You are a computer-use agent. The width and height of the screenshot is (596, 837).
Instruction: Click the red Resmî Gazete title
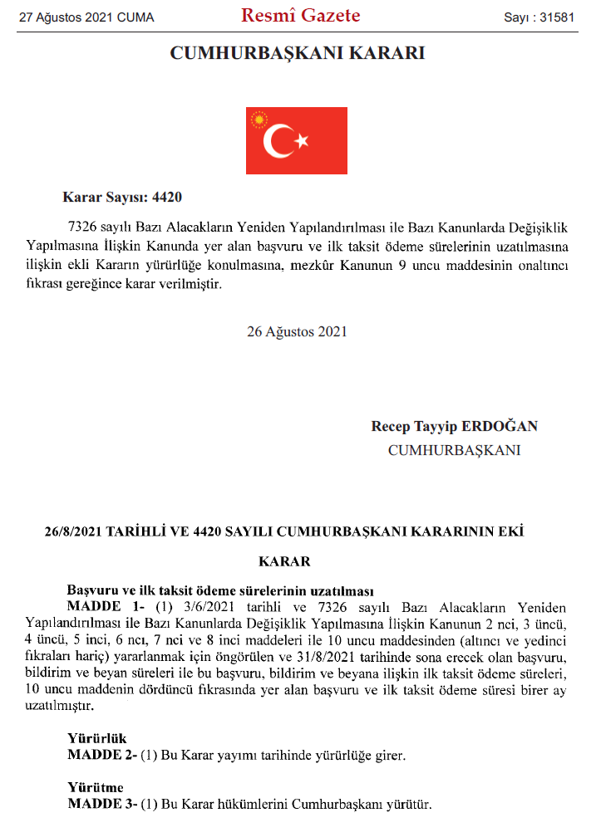[300, 16]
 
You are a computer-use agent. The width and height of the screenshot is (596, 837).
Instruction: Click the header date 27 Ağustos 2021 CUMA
[87, 17]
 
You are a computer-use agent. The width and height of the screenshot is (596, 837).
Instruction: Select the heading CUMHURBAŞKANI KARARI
[298, 53]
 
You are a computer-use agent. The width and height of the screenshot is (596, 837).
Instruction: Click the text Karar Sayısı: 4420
[122, 198]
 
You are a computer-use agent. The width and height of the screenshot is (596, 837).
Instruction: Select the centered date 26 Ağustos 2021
[297, 331]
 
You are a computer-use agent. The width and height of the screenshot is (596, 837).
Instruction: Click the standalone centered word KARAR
[285, 561]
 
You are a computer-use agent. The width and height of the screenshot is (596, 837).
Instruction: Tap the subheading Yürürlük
[96, 737]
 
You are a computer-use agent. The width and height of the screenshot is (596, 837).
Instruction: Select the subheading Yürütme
[96, 787]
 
